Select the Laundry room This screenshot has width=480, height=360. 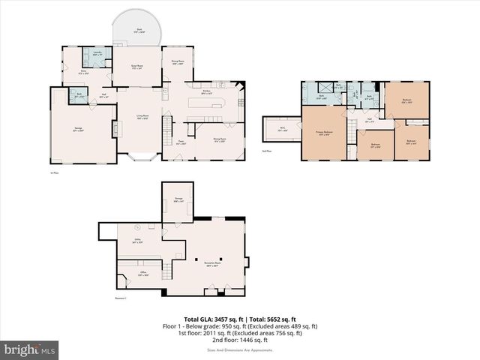[x=97, y=54]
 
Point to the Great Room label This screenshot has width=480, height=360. [x=138, y=67]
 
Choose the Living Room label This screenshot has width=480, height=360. [x=141, y=116]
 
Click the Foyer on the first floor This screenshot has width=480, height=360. [x=181, y=141]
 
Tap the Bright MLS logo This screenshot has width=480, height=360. [x=30, y=349]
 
